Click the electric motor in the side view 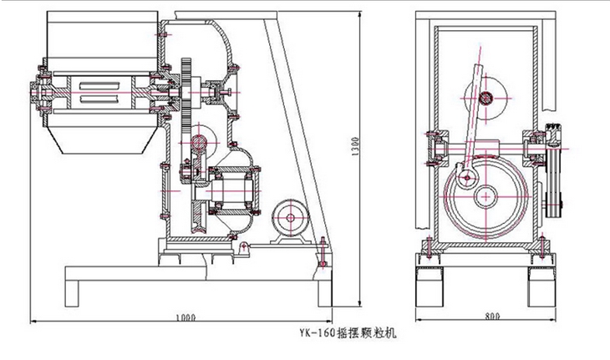290,219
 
